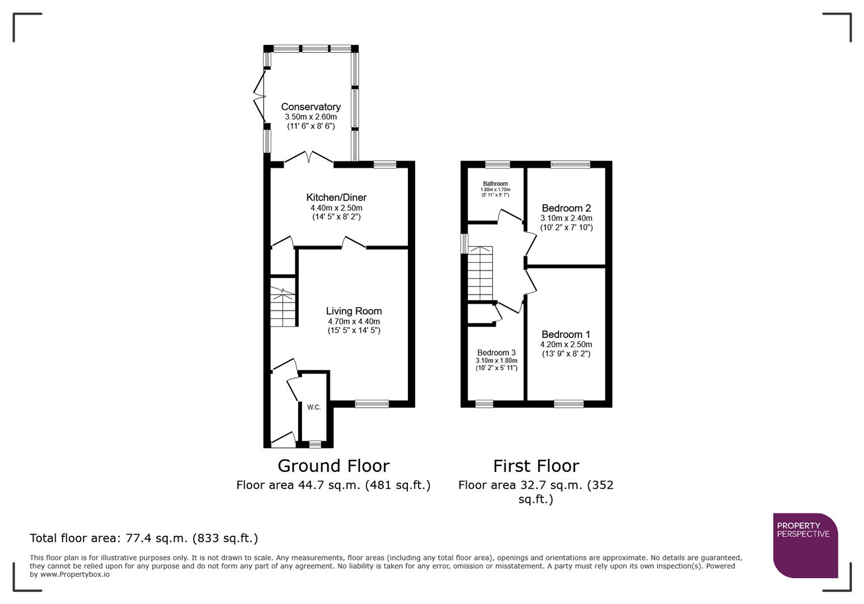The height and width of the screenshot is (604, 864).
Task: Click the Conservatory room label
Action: click(x=311, y=107)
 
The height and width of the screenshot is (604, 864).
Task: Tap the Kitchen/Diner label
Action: click(x=336, y=197)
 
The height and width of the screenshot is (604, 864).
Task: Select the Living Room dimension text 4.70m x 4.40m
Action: click(x=354, y=322)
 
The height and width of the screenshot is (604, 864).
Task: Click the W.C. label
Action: click(x=314, y=407)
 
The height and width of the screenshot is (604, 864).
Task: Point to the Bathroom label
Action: click(x=495, y=184)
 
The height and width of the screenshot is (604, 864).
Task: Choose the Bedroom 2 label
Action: click(x=566, y=208)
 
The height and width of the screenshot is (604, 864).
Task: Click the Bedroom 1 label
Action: click(x=566, y=334)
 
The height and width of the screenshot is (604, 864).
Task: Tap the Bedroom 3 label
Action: click(x=496, y=353)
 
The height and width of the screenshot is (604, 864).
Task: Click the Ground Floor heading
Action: click(x=334, y=466)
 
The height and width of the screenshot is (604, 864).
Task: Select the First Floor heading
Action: click(x=536, y=466)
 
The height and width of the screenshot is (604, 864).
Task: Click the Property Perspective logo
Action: click(x=805, y=545)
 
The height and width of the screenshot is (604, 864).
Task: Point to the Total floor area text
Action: click(x=144, y=539)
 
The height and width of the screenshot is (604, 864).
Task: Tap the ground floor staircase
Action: click(x=283, y=307)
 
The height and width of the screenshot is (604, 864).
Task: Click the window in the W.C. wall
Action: click(x=315, y=444)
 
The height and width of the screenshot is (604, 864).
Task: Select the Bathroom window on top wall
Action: click(x=497, y=164)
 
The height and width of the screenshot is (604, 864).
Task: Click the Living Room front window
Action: click(x=372, y=404)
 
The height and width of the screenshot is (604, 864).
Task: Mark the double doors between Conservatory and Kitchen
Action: click(x=309, y=159)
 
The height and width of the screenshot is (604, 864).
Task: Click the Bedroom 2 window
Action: click(x=570, y=164)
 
